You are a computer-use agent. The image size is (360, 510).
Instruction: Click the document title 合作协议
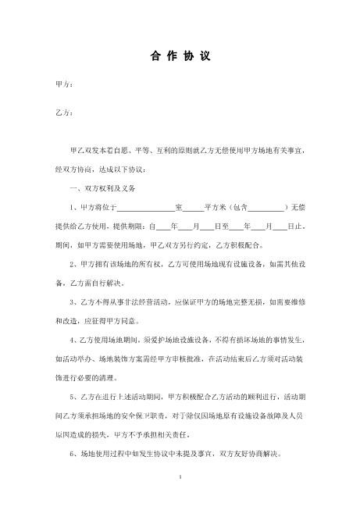pyautogui.click(x=180, y=57)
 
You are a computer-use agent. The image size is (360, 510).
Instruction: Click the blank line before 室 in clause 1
pyautogui.click(x=146, y=208)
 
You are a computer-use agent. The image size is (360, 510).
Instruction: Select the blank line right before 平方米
pyautogui.click(x=193, y=208)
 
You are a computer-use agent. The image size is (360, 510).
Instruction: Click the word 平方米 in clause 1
pyautogui.click(x=215, y=208)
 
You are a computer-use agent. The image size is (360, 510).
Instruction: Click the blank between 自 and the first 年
pyautogui.click(x=169, y=226)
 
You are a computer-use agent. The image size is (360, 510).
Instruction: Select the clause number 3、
pyautogui.click(x=73, y=301)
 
